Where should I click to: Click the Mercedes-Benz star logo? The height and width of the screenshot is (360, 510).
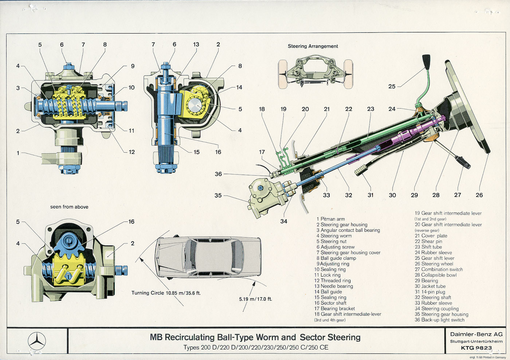click(37, 341)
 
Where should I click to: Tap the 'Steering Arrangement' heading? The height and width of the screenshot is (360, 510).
click(313, 46)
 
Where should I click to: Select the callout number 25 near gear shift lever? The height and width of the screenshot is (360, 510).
click(392, 86)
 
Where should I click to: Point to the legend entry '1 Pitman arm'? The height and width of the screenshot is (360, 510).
click(331, 219)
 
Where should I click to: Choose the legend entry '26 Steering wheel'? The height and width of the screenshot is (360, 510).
click(434, 264)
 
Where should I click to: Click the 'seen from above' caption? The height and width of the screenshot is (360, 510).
click(69, 207)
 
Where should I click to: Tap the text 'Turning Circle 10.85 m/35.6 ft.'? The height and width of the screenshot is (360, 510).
click(166, 293)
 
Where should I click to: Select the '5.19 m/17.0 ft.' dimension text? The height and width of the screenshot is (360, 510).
click(255, 299)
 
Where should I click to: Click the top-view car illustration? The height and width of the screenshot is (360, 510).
click(209, 257)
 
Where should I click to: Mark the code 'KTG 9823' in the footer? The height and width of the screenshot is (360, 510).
click(476, 348)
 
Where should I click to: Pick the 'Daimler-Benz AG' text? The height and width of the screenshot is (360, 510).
click(476, 334)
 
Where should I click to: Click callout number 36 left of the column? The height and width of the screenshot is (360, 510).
click(218, 174)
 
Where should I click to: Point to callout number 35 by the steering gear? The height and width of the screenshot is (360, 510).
click(218, 195)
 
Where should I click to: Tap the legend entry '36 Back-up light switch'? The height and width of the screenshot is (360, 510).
click(440, 320)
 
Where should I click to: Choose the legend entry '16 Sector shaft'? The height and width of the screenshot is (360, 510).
click(330, 303)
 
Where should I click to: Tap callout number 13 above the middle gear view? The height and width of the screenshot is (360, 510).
click(196, 44)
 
